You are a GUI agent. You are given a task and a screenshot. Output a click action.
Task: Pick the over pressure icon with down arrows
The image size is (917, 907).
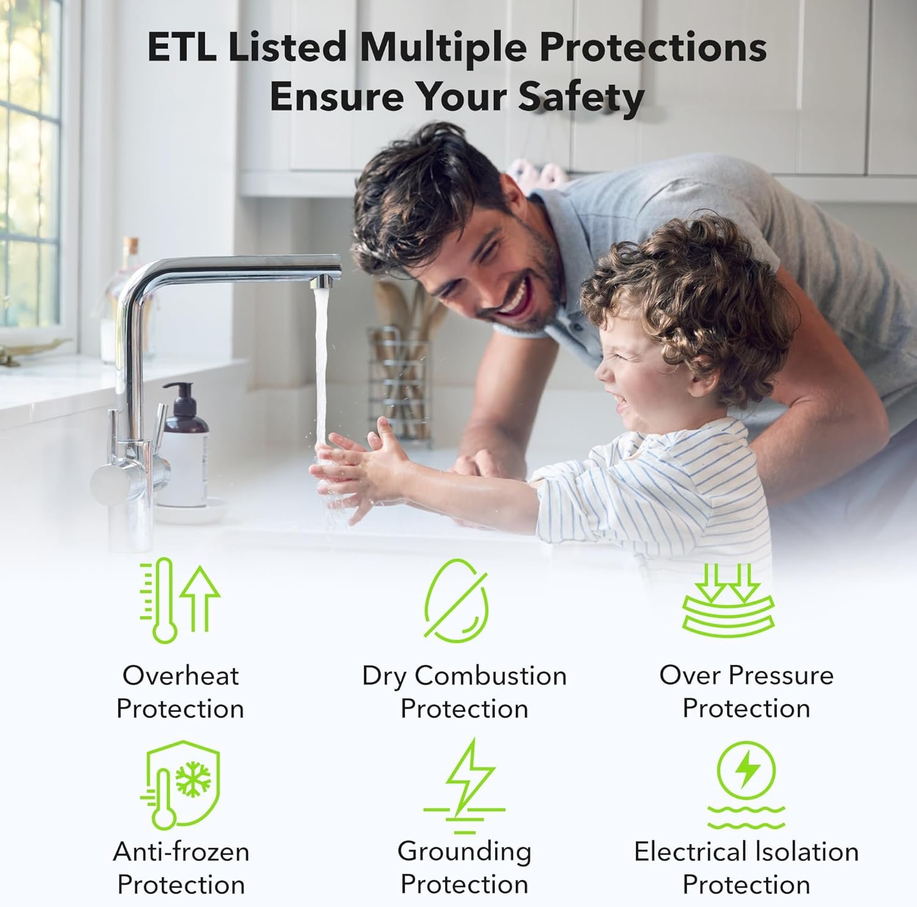coord(728,599)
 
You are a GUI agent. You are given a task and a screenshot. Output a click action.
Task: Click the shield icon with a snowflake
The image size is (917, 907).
coord(180,785)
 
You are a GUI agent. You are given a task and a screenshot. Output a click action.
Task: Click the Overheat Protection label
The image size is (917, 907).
coord(180,692)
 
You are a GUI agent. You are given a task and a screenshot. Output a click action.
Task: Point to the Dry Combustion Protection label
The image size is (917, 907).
coord(465,692)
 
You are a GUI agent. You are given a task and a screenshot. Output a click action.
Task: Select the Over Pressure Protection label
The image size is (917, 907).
coord(746,692)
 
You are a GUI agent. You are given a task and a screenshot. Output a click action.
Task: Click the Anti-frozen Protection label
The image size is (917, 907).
coord(181,868)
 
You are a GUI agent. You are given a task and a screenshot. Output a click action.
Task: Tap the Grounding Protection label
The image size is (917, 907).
coord(465,868)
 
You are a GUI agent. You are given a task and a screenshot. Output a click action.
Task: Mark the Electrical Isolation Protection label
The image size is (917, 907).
coord(746,868)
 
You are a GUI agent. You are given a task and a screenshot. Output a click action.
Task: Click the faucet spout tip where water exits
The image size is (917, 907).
coord(323,283)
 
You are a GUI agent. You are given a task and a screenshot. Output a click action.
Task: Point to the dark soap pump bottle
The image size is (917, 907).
coord(183,446)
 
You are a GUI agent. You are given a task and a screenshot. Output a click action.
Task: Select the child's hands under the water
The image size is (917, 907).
coord(355,465)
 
